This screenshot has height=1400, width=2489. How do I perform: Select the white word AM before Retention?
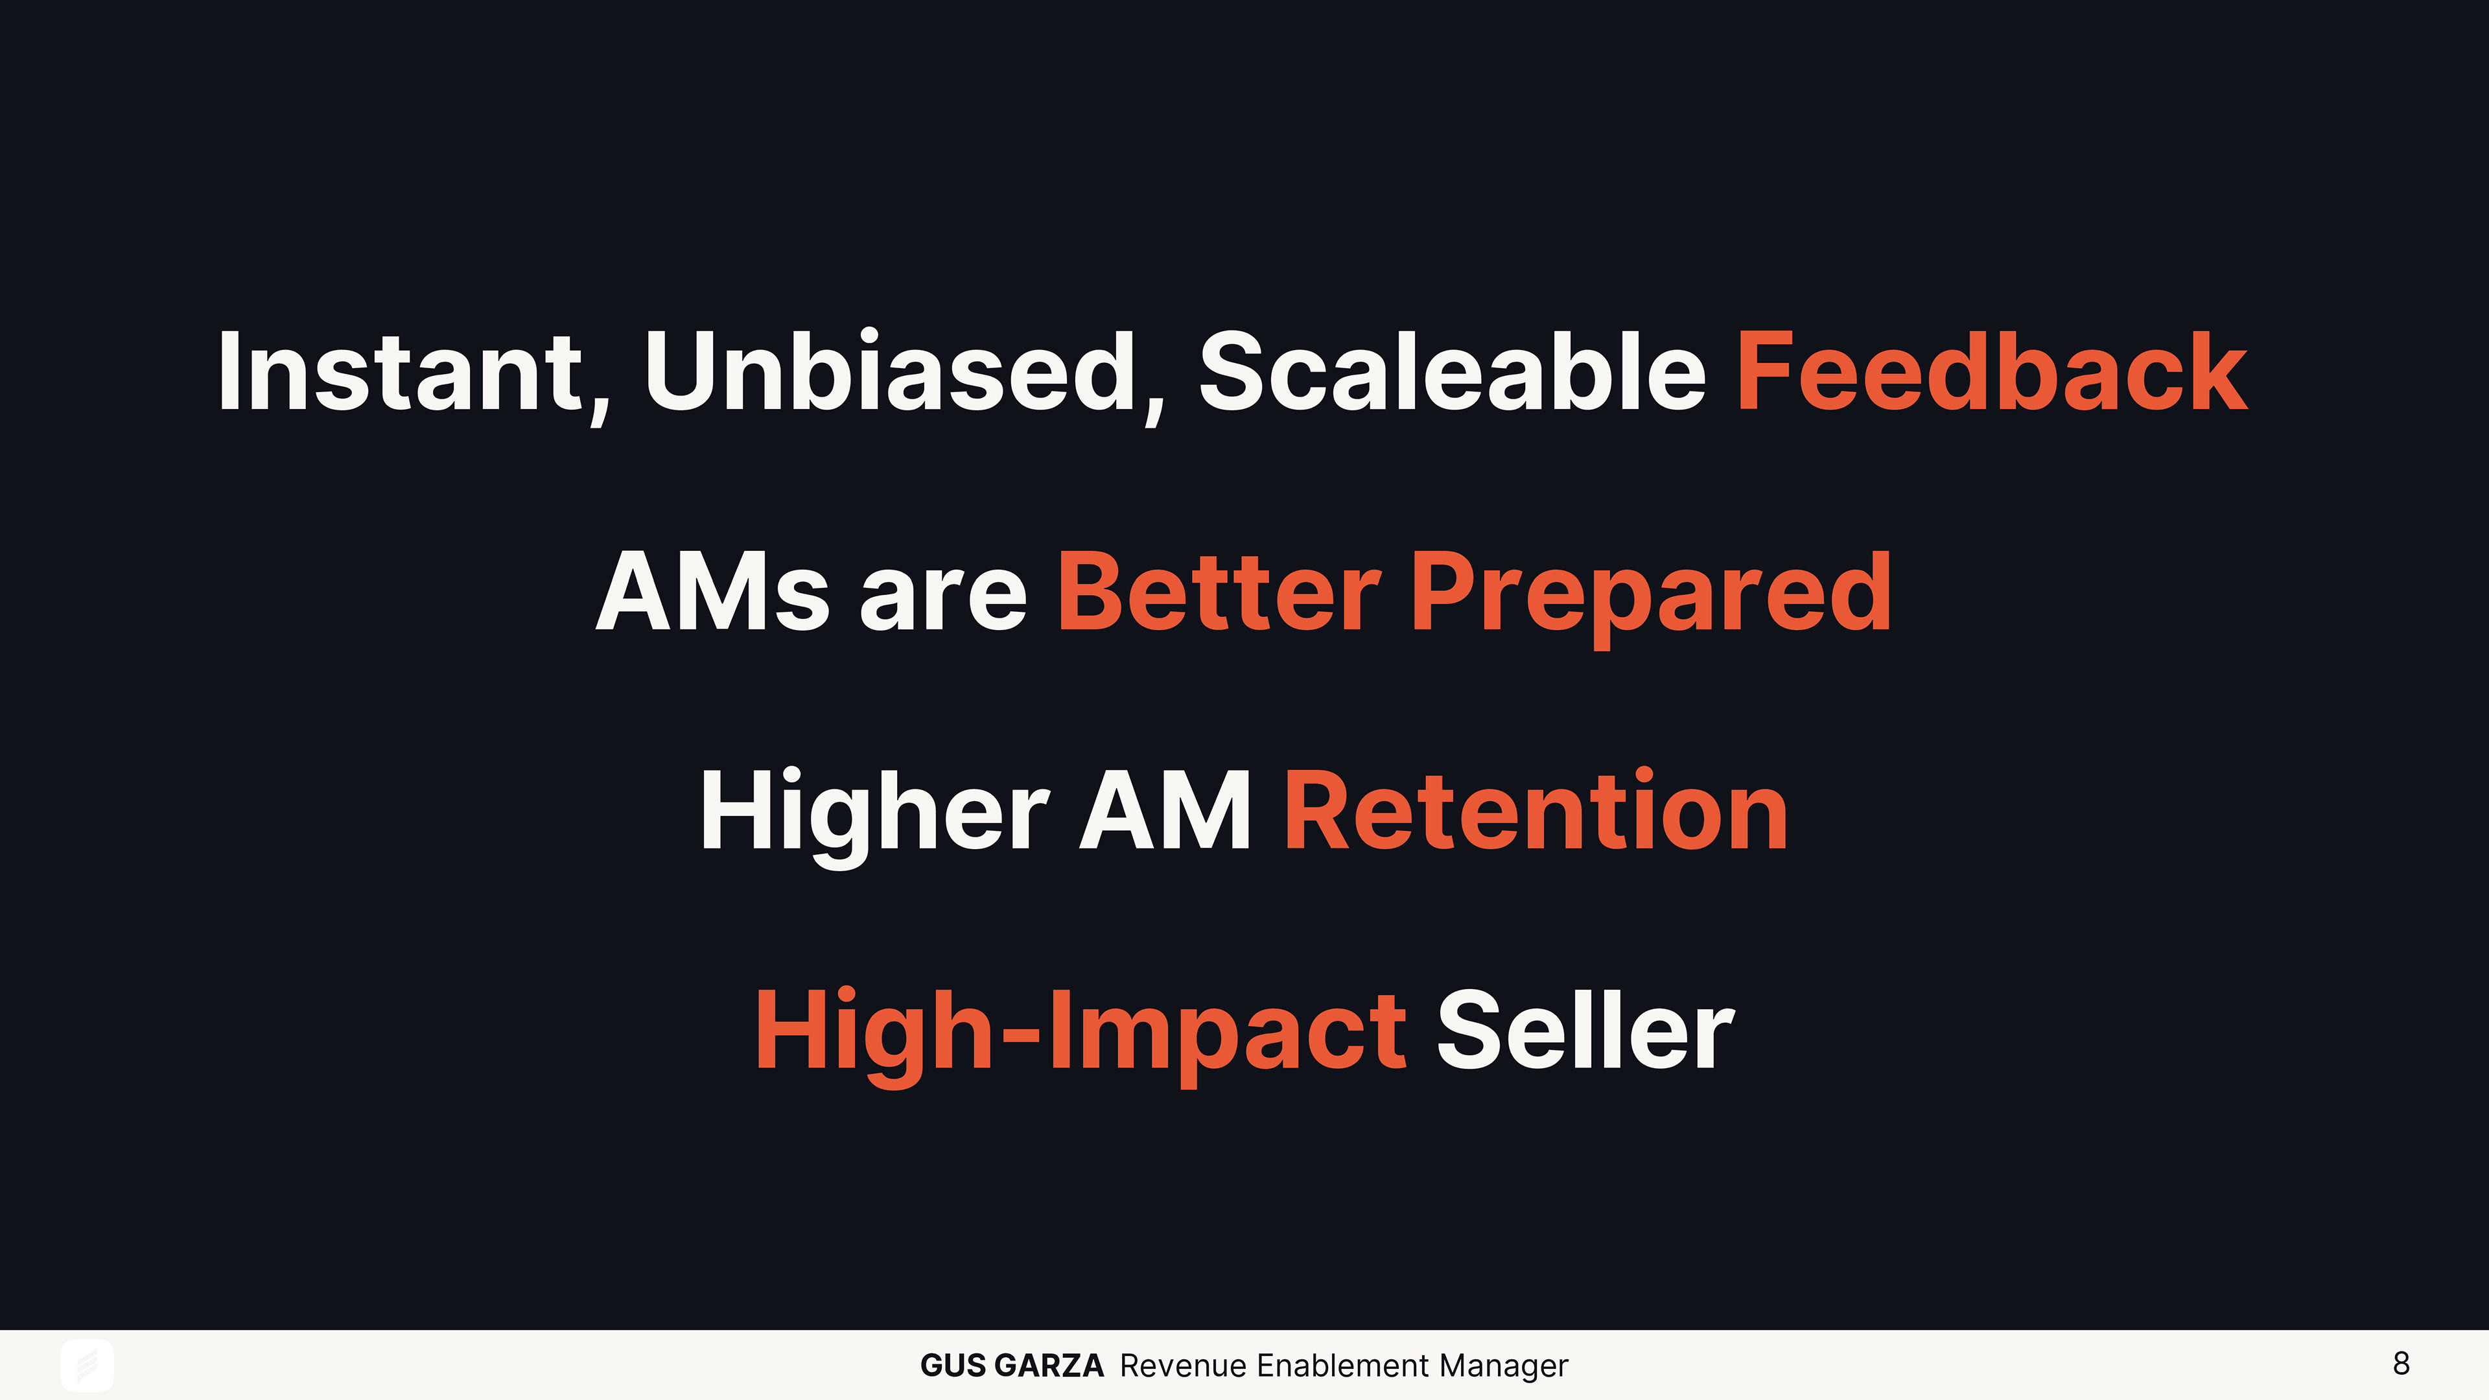point(1165,811)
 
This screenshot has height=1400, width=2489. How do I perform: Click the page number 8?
point(2401,1363)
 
